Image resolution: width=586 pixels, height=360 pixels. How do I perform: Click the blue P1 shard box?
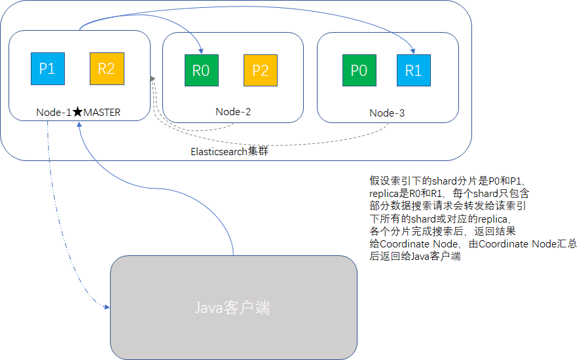tap(48, 69)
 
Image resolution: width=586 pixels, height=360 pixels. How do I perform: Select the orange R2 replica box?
tap(106, 69)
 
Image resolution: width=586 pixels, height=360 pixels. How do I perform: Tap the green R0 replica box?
tap(201, 71)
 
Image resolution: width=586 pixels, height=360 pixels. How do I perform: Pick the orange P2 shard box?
tap(260, 71)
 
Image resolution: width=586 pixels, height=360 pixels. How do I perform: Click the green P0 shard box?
tap(359, 71)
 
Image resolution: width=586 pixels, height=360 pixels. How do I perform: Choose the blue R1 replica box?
tap(413, 71)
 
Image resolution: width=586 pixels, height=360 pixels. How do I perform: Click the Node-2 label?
tap(233, 111)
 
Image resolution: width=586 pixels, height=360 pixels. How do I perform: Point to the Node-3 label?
tap(387, 113)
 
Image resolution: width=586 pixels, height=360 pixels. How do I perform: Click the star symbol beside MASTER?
tap(77, 112)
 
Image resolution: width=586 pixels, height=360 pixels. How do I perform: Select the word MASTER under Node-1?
tap(102, 112)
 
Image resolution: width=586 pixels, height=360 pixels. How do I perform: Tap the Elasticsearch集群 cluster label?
tap(230, 151)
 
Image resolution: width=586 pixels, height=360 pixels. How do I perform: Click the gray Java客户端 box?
tap(233, 307)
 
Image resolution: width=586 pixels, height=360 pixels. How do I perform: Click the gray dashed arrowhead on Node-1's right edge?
tap(153, 79)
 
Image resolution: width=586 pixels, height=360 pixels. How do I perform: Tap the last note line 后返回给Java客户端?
tap(414, 256)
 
